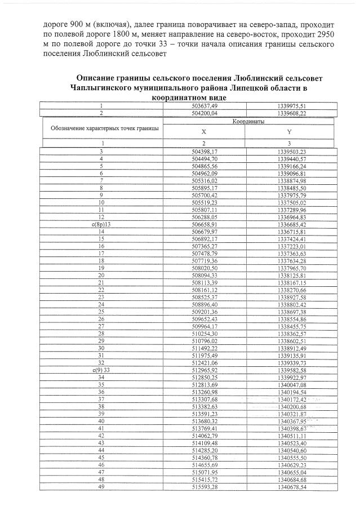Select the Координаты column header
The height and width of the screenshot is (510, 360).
pos(245,121)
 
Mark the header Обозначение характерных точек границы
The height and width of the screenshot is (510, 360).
pos(104,128)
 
